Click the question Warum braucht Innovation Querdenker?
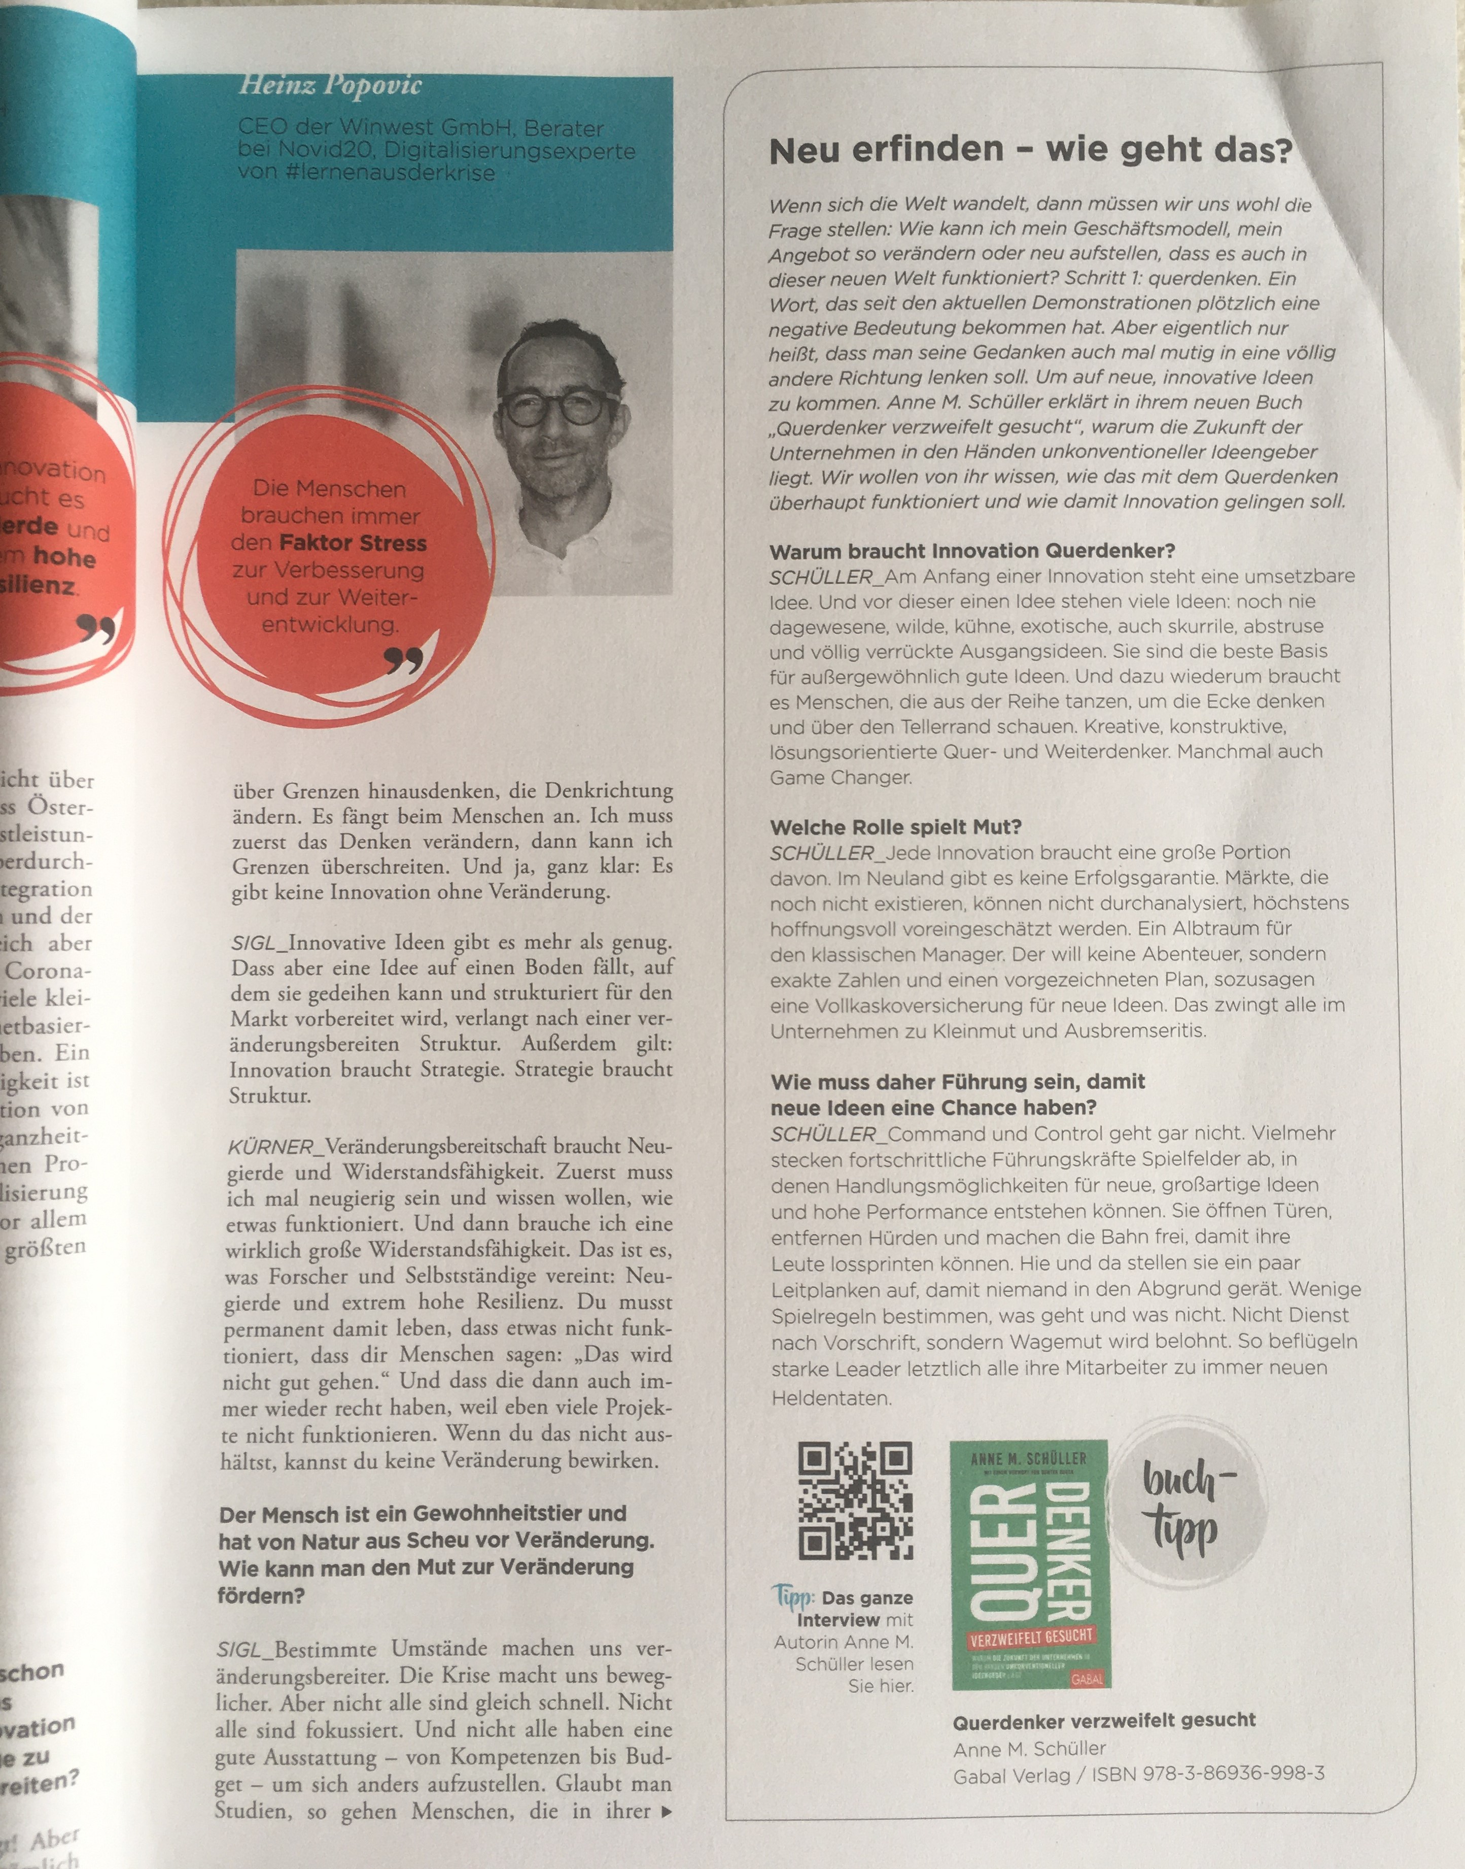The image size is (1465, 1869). point(972,551)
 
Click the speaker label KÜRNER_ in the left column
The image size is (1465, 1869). point(273,1147)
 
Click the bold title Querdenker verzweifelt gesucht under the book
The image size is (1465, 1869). point(1104,1721)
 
